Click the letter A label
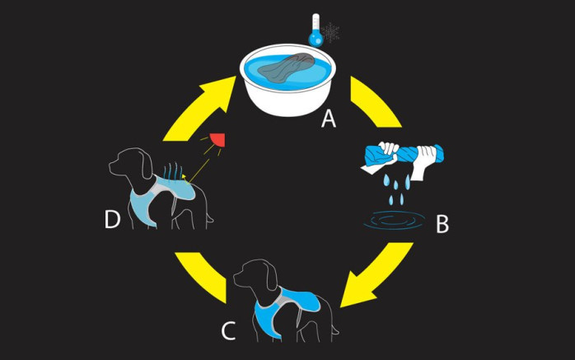329,120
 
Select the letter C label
230,330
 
